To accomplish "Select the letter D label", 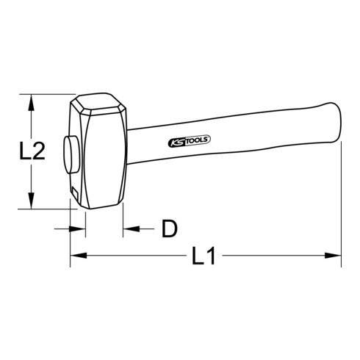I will [x=170, y=229].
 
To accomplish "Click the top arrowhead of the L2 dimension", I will [x=32, y=101].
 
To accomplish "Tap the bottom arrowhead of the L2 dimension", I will [x=32, y=203].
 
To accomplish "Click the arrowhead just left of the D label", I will [x=131, y=228].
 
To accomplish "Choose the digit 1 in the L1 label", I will [x=210, y=257].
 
